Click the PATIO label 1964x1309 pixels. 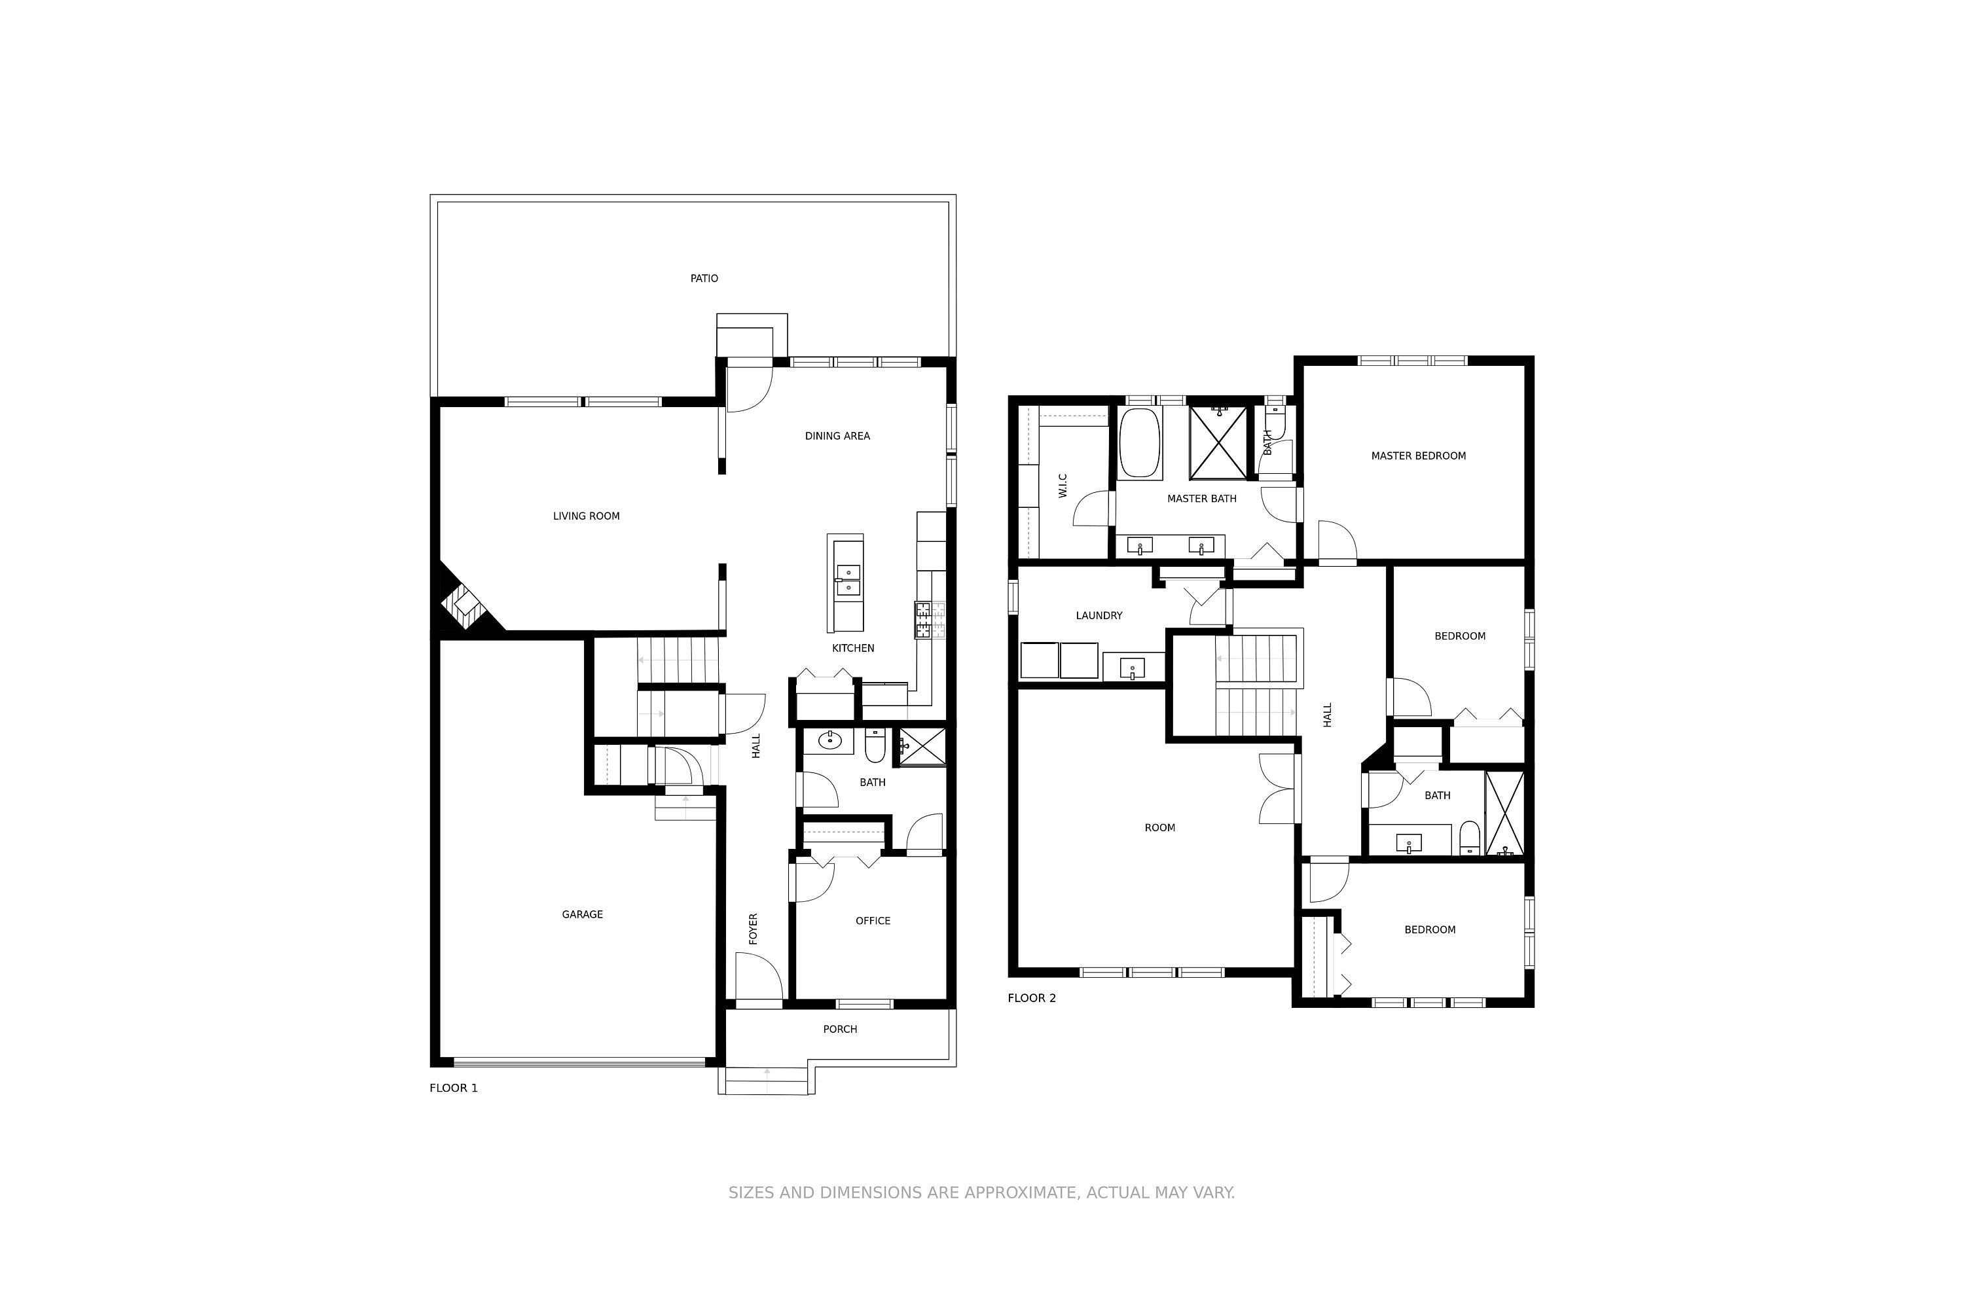point(704,279)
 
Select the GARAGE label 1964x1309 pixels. point(582,915)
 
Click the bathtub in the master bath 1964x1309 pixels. point(1140,442)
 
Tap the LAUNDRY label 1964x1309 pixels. point(1099,616)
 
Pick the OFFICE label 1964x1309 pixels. point(873,922)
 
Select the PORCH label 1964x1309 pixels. point(840,1030)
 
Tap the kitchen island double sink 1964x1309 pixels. point(848,580)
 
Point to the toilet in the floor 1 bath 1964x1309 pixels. point(874,745)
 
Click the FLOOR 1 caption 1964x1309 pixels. point(454,1088)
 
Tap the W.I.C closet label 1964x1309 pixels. point(1063,486)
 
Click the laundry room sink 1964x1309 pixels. point(1133,668)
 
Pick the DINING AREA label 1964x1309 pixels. point(837,437)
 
